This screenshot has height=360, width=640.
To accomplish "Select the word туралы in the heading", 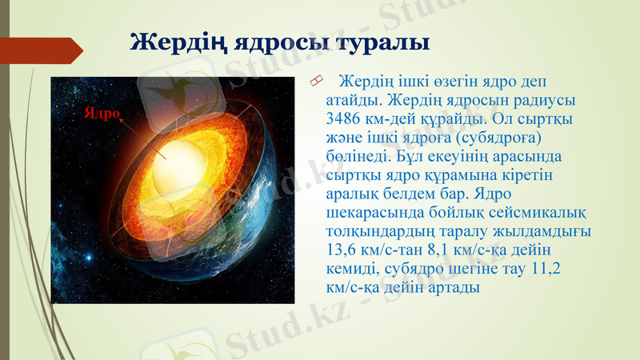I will coord(378,42).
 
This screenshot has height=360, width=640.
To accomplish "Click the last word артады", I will coord(450,287).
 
